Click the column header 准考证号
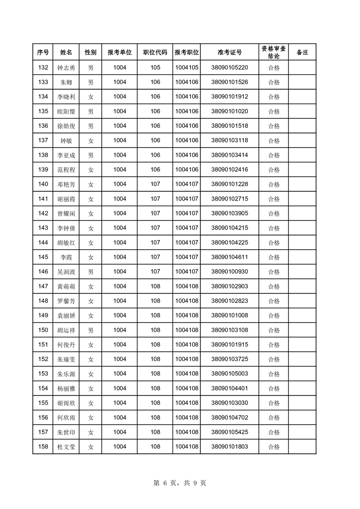tap(229, 53)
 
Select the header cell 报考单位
tap(119, 53)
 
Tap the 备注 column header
tap(302, 53)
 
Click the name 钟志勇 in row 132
tap(66, 68)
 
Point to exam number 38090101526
tap(229, 83)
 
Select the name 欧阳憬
tap(66, 112)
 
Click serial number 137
tap(43, 141)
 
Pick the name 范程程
tap(66, 170)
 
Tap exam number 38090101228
tap(229, 184)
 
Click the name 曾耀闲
tap(66, 214)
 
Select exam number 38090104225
tap(229, 243)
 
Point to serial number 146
tap(43, 272)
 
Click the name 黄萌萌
tap(66, 286)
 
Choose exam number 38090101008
tap(229, 315)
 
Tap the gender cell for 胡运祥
tap(91, 330)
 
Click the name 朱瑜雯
tap(66, 359)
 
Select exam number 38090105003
tap(229, 374)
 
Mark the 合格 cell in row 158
tap(274, 447)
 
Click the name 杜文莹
tap(66, 447)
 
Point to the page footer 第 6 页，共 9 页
tap(180, 483)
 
